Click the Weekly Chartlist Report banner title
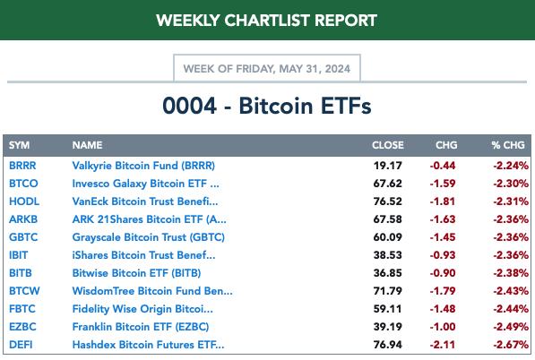(x=266, y=21)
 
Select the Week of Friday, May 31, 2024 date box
(x=267, y=69)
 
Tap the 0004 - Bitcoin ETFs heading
(x=267, y=106)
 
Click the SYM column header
(x=19, y=145)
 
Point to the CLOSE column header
(x=388, y=145)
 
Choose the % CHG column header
(x=508, y=145)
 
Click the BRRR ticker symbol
(x=22, y=166)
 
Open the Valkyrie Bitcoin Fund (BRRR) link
(x=143, y=166)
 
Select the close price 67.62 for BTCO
(x=388, y=184)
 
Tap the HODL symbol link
(x=24, y=201)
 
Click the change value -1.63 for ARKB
(x=443, y=219)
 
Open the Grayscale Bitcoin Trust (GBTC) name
(x=149, y=237)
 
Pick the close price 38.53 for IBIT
(x=388, y=255)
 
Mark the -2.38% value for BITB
(x=511, y=273)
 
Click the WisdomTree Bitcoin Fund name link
(x=152, y=291)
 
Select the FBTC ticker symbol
(x=22, y=309)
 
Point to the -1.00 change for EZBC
(x=443, y=327)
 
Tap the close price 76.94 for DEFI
(x=388, y=345)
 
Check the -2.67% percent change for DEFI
(x=511, y=345)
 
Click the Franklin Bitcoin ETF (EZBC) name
(x=141, y=327)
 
